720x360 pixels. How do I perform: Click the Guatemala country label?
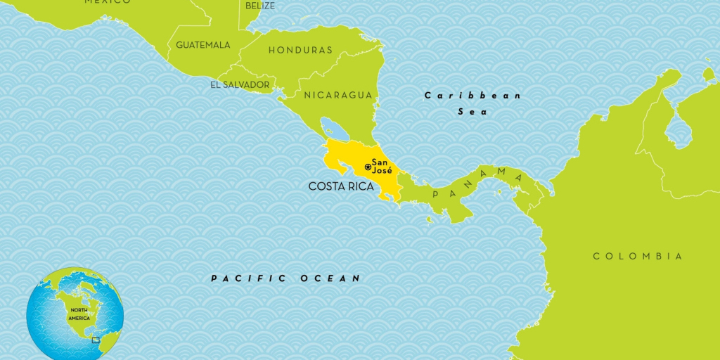point(202,45)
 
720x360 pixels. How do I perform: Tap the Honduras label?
point(300,50)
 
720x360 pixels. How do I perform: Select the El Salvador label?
point(239,85)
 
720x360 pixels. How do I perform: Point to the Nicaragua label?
point(337,95)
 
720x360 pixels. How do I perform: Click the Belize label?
point(260,6)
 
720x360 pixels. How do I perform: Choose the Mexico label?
point(107,2)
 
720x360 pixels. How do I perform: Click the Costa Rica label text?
point(341,186)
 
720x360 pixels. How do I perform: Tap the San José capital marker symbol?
point(368,167)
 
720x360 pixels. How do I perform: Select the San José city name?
point(382,167)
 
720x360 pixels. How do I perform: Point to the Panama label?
point(478,181)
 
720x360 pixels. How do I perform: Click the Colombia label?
point(638,256)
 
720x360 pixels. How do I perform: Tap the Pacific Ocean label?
point(285,278)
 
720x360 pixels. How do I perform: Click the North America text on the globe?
point(79,314)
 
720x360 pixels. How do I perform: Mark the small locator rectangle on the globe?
point(96,340)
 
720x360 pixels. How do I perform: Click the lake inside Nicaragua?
point(332,129)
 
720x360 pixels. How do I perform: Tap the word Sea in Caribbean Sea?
point(472,111)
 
